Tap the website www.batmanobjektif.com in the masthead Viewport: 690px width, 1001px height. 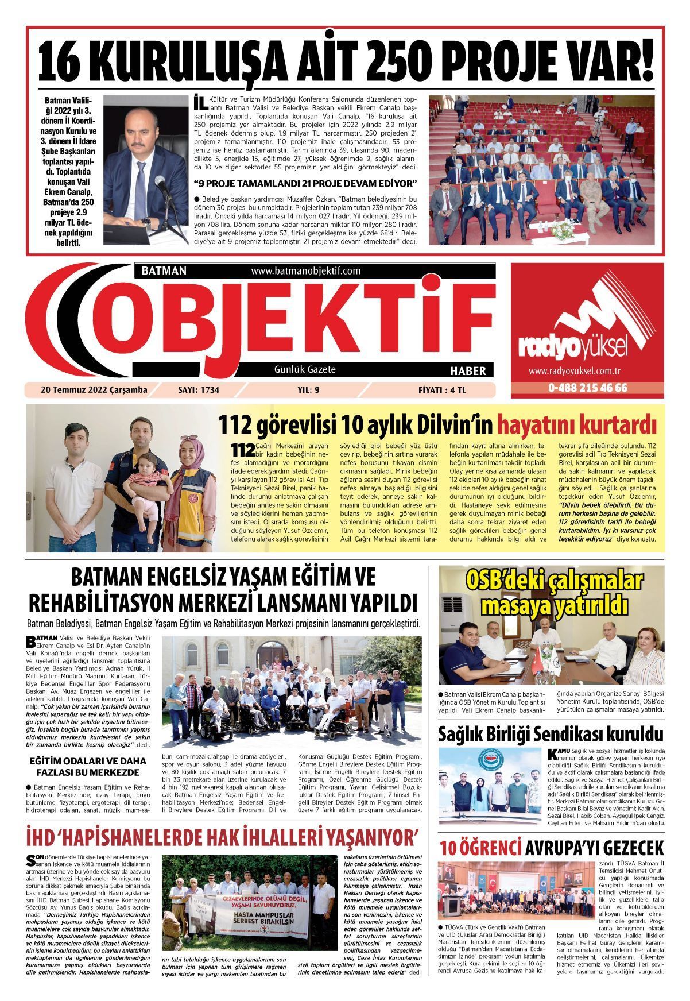point(305,270)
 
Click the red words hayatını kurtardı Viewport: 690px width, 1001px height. point(576,426)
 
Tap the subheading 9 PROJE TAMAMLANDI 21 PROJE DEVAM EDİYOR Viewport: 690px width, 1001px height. point(306,184)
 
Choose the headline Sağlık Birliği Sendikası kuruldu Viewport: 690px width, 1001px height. point(551,734)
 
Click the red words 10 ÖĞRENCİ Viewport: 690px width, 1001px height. point(481,848)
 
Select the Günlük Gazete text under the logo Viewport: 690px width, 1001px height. point(305,369)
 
